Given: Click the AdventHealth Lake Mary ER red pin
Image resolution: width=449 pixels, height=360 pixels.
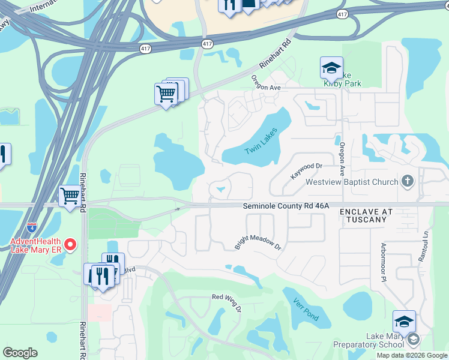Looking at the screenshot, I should tap(70, 244).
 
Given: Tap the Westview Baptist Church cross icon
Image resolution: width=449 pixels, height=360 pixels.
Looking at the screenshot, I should tap(408, 181).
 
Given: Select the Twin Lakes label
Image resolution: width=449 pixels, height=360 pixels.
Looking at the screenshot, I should tap(262, 142).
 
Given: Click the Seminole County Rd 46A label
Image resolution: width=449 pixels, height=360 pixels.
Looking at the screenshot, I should tap(286, 206).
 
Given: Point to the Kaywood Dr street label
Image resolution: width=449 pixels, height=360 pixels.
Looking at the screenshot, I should tap(306, 170).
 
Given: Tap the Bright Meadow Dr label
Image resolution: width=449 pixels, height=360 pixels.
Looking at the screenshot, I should tap(258, 242).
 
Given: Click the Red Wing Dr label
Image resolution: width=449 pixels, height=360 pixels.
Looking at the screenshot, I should tap(226, 302).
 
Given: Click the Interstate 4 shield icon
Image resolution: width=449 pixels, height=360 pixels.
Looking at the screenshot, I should tap(31, 227).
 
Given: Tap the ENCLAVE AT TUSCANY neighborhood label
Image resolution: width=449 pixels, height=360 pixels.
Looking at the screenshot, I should tap(366, 216).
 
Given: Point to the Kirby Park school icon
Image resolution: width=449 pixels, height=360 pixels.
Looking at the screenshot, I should tap(331, 68).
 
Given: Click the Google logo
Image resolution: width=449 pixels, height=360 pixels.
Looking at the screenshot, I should tap(20, 353).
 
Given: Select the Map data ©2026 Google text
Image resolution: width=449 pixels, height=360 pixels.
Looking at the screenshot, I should tap(412, 355).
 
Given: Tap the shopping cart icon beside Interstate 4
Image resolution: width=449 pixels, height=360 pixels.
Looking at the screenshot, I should tap(70, 196).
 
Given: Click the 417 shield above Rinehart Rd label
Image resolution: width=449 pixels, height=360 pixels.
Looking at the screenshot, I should tap(207, 44).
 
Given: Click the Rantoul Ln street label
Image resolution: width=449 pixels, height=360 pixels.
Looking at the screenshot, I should tap(427, 246).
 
